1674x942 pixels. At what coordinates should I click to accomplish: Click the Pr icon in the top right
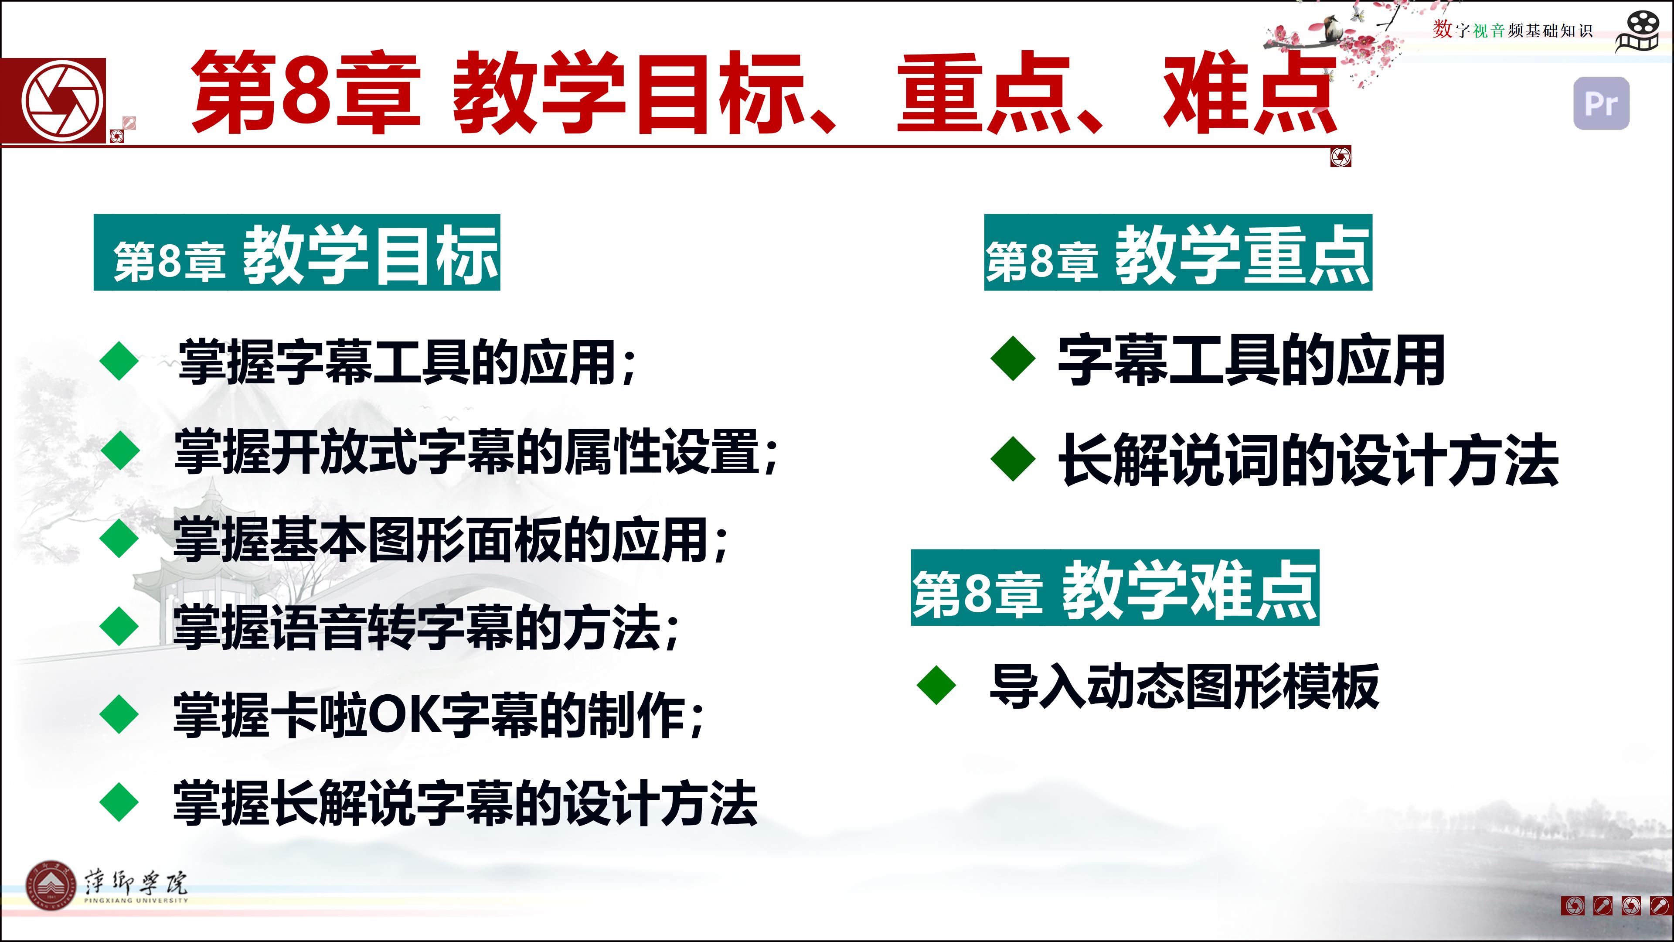(x=1601, y=103)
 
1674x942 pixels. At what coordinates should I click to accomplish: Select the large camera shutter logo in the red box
(x=63, y=101)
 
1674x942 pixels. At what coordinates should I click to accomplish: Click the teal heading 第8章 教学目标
(x=297, y=252)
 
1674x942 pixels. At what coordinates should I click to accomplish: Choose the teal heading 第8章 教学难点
(x=1115, y=588)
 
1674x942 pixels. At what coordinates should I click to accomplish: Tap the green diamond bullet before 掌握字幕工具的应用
(x=119, y=362)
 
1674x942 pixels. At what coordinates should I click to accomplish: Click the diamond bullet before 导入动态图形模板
(x=936, y=685)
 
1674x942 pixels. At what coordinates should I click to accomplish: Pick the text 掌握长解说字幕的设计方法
(x=465, y=803)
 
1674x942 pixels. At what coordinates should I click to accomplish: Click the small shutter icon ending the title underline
(x=1341, y=157)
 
